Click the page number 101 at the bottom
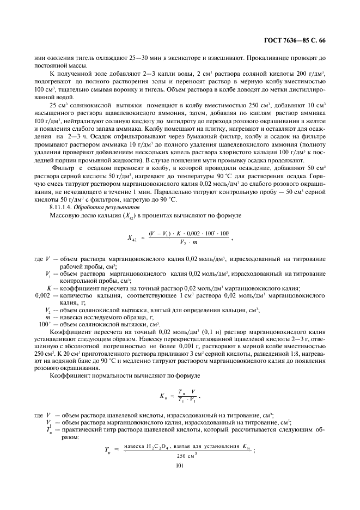(x=180, y=465)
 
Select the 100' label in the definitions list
(x=45, y=324)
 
